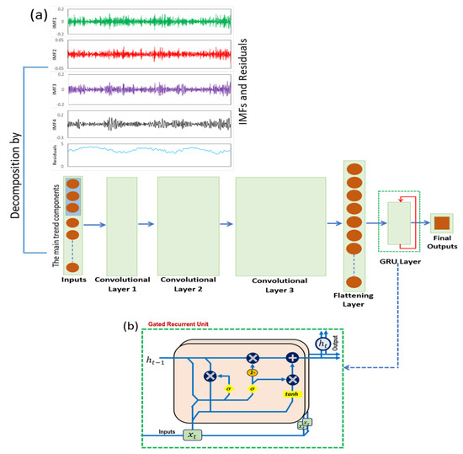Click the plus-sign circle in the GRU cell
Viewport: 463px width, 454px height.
[293, 357]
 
